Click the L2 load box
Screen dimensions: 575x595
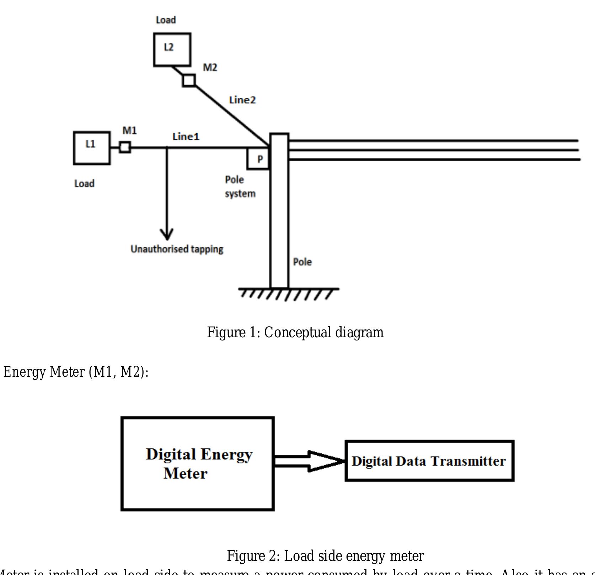[172, 49]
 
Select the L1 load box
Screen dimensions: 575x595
[92, 148]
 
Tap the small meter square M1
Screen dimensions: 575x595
[125, 147]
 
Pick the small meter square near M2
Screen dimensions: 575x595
[189, 80]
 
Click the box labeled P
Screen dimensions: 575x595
[258, 159]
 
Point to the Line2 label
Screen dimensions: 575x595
[242, 100]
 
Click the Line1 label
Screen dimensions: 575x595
[186, 136]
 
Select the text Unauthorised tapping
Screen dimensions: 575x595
[177, 249]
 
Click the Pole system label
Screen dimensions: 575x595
[240, 187]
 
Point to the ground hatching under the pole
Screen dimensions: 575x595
[288, 294]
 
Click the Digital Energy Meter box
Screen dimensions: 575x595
[198, 464]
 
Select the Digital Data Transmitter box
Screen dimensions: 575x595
[429, 461]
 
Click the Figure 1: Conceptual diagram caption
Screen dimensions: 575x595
[295, 333]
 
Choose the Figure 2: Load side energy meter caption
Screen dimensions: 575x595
[325, 556]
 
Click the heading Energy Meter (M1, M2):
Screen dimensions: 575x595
[76, 372]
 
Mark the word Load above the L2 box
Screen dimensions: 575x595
[166, 20]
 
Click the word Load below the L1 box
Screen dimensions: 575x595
[84, 184]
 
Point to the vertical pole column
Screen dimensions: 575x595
[279, 220]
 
